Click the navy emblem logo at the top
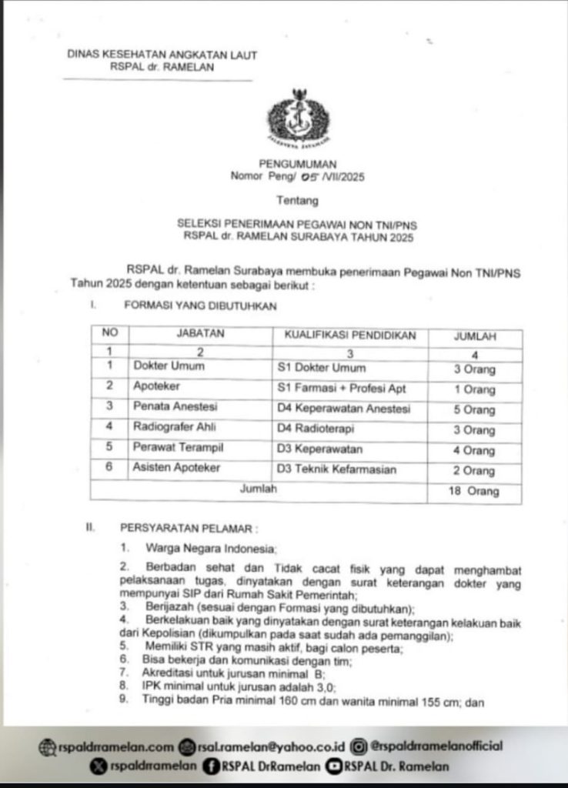pyautogui.click(x=298, y=119)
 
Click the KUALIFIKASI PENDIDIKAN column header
pyautogui.click(x=350, y=336)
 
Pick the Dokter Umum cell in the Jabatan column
pyautogui.click(x=169, y=367)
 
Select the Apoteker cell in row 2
pyautogui.click(x=154, y=387)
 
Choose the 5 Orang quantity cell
pyautogui.click(x=474, y=409)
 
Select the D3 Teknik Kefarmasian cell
pyautogui.click(x=336, y=469)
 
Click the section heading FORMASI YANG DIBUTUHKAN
pyautogui.click(x=200, y=305)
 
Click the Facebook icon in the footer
pyautogui.click(x=209, y=766)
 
